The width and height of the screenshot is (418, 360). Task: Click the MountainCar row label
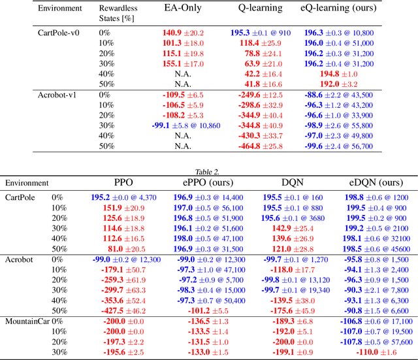pos(29,321)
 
